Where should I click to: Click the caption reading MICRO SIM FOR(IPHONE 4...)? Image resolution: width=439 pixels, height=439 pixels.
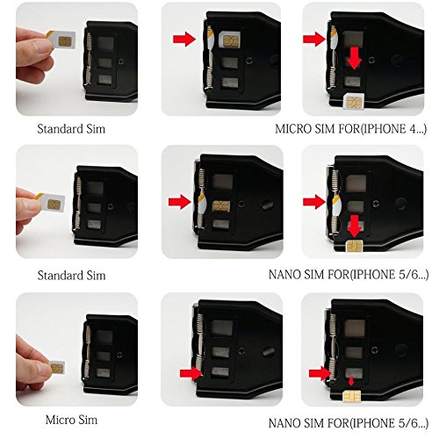350,129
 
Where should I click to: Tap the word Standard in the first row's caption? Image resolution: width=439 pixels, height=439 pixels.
57,129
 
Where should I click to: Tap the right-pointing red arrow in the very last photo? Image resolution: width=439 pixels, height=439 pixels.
319,372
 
